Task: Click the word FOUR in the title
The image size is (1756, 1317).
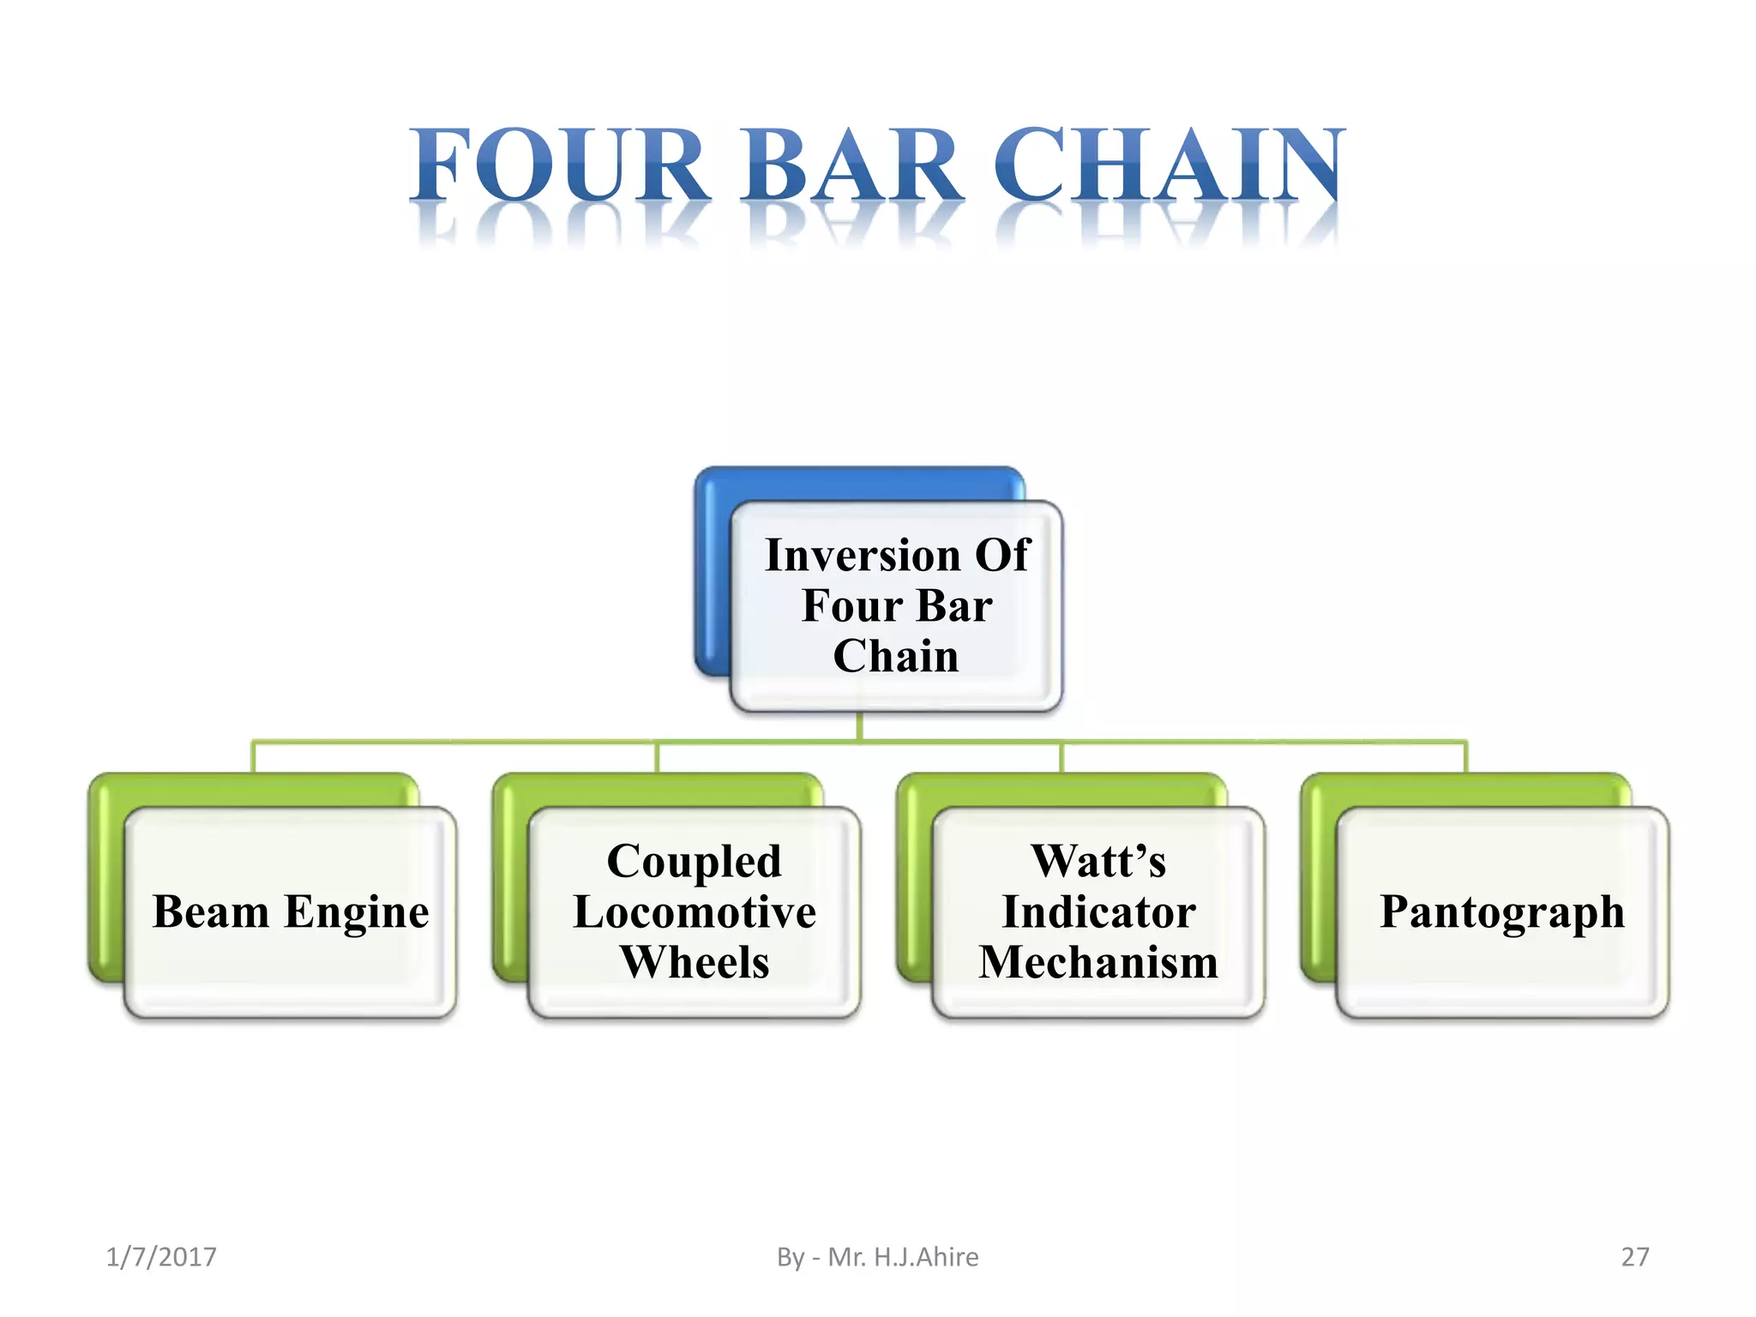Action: click(557, 165)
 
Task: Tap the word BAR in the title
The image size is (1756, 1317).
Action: click(853, 165)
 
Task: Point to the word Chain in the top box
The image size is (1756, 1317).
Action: click(896, 656)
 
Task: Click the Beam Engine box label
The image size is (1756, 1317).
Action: click(291, 911)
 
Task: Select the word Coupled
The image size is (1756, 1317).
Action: click(695, 861)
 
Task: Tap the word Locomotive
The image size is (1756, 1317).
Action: click(695, 911)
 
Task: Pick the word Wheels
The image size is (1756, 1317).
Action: click(695, 962)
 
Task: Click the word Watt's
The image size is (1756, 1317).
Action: click(1098, 861)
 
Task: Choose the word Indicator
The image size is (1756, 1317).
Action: click(1098, 911)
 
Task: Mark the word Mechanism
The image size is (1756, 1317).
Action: click(1098, 962)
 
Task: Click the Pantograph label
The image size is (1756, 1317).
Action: click(1502, 911)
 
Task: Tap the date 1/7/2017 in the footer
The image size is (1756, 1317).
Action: click(161, 1257)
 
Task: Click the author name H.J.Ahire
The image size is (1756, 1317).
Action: click(926, 1257)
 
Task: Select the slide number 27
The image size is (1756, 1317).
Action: click(1634, 1257)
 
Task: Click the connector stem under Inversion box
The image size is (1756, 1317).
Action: click(859, 726)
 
